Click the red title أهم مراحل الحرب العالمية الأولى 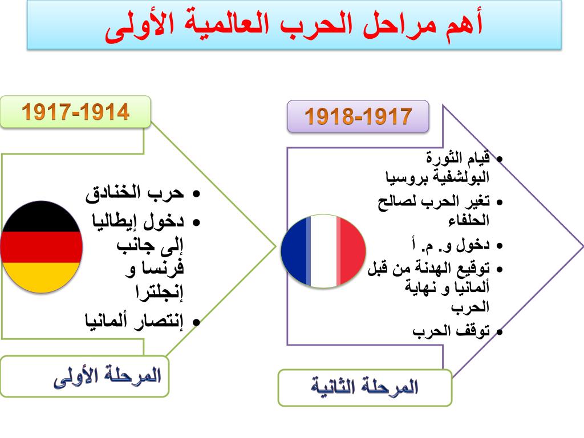point(294,26)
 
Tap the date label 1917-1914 point(76,112)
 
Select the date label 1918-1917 point(358,116)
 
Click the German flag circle point(41,247)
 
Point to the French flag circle point(323,251)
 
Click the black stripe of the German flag point(41,217)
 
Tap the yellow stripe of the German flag point(41,277)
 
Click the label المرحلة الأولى point(107,376)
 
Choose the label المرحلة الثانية point(364,387)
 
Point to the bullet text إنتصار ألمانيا point(134,321)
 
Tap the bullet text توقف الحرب point(451,331)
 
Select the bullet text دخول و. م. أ point(451,245)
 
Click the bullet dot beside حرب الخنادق point(196,194)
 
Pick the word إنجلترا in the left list point(160,291)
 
